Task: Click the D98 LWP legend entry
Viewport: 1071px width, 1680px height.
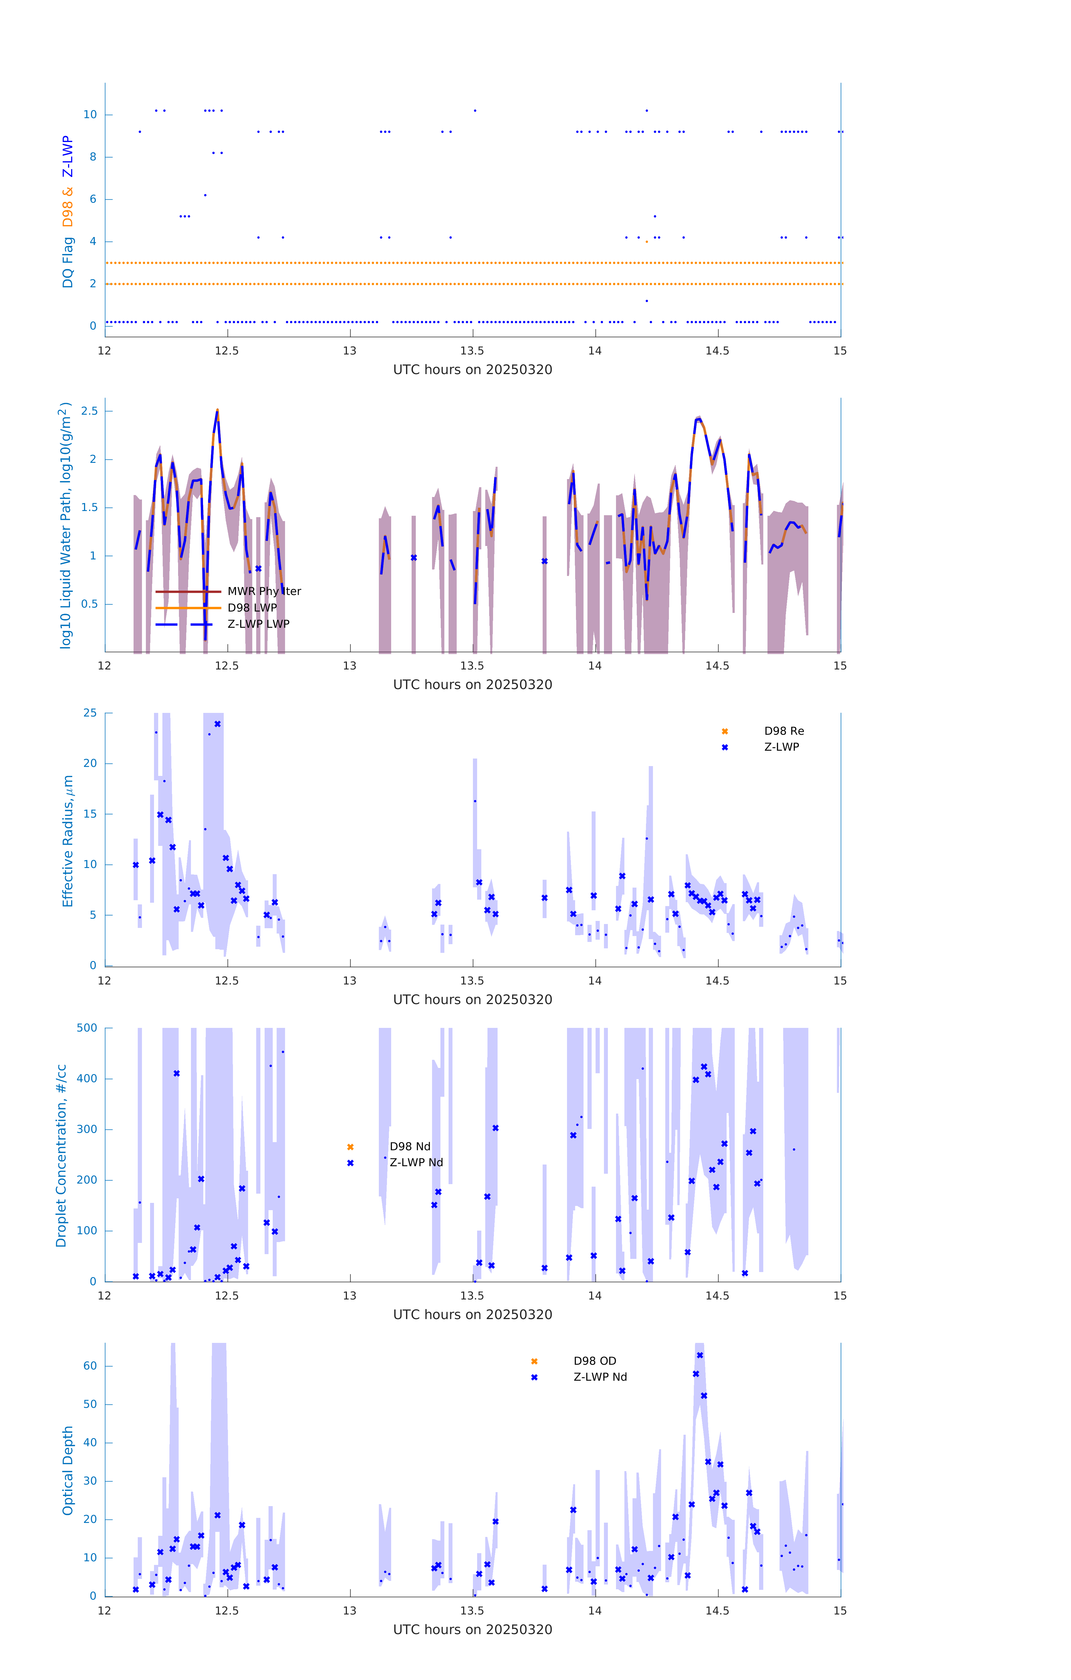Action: click(252, 608)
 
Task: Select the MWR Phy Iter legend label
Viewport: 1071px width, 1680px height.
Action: click(264, 592)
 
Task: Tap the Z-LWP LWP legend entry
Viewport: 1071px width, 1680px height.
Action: click(258, 624)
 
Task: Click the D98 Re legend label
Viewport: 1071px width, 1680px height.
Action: click(783, 731)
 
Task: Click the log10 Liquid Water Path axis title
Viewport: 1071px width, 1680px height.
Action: click(65, 525)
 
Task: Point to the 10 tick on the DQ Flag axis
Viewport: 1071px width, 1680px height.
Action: click(90, 115)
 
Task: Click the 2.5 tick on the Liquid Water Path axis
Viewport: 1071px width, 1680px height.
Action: click(89, 411)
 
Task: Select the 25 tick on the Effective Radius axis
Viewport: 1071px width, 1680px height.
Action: click(90, 713)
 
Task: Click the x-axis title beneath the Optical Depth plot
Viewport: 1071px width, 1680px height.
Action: click(472, 1630)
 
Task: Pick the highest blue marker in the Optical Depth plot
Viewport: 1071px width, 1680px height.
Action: click(700, 1355)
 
